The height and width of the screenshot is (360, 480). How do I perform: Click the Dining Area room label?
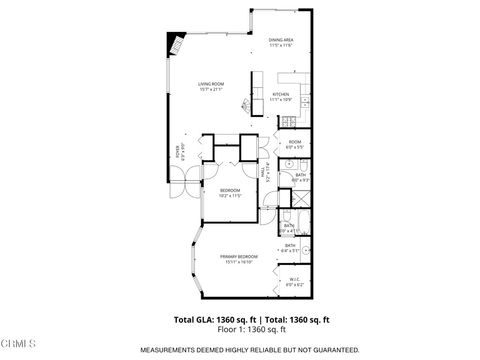280,39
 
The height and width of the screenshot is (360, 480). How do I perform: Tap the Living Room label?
211,85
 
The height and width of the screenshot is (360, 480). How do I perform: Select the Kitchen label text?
281,94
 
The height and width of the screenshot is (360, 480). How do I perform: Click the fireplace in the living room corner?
178,44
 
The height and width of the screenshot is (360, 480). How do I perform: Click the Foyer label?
179,152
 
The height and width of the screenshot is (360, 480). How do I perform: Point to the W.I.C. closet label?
294,279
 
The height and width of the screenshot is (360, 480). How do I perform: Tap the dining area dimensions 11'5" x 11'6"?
280,46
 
